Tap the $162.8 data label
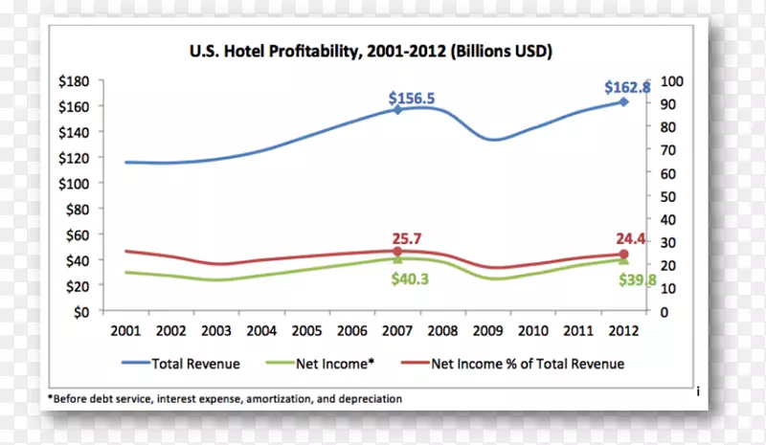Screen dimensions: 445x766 tap(627, 87)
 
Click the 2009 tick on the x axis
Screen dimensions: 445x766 tap(488, 330)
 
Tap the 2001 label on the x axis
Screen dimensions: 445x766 tap(125, 330)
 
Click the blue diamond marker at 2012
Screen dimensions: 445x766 tap(623, 101)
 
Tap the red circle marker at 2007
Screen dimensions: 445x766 tap(396, 252)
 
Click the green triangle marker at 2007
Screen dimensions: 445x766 tap(396, 258)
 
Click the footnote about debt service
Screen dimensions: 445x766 tap(225, 398)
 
